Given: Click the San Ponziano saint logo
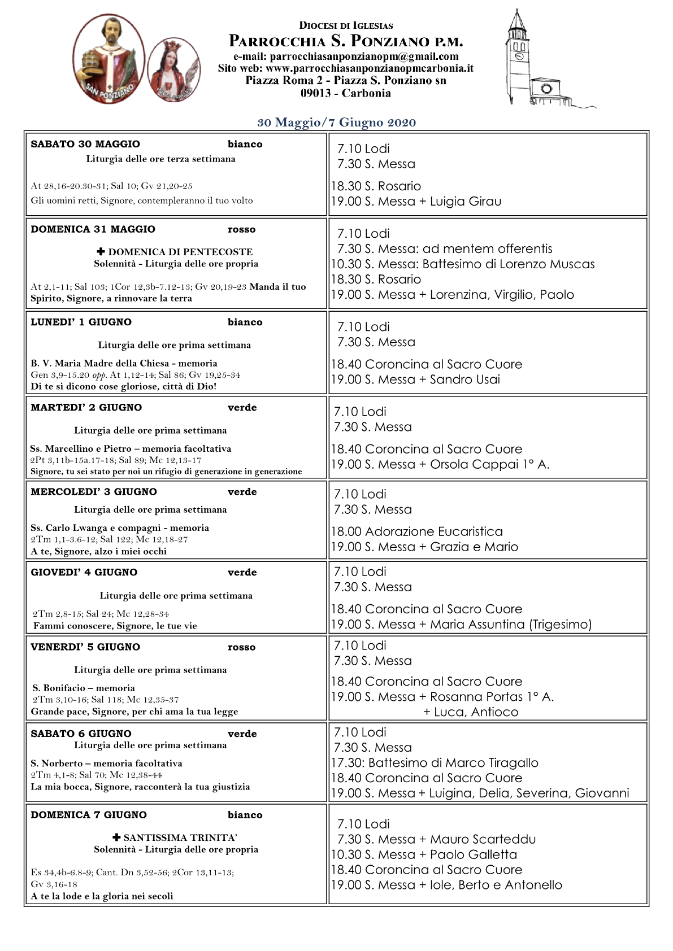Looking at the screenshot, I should point(108,59).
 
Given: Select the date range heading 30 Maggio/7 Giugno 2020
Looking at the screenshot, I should point(337,123).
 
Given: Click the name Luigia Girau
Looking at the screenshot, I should point(466,202).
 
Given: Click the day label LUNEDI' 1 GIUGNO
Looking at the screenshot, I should point(81,322).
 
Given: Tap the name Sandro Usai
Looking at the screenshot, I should point(465,380).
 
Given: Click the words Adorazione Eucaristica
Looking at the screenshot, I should point(434,532).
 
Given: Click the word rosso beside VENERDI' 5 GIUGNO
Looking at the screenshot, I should point(241,648).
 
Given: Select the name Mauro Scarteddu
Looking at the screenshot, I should point(483,840).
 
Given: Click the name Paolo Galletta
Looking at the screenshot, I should point(474,855).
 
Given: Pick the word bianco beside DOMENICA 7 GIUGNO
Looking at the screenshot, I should point(245,815).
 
